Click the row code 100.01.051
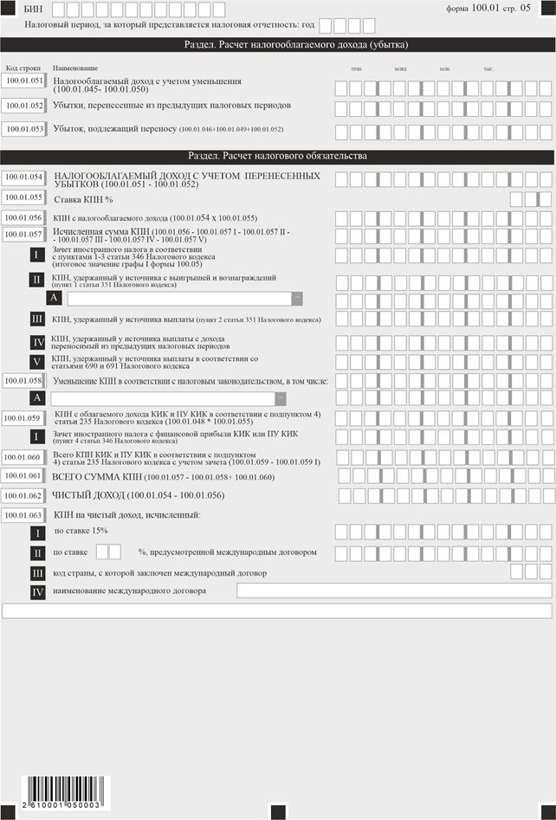tap(23, 81)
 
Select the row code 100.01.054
tap(23, 177)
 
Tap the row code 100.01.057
tap(23, 234)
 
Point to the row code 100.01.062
tap(23, 495)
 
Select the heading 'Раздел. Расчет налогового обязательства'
tap(277, 156)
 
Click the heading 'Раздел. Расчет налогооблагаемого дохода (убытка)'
tap(277, 44)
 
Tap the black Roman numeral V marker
tap(37, 360)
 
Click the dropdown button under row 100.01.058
tap(281, 398)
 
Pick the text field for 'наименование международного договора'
tap(394, 591)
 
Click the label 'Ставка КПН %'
tap(85, 198)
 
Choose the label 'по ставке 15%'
tap(81, 530)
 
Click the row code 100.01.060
tap(23, 457)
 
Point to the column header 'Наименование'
tap(75, 68)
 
